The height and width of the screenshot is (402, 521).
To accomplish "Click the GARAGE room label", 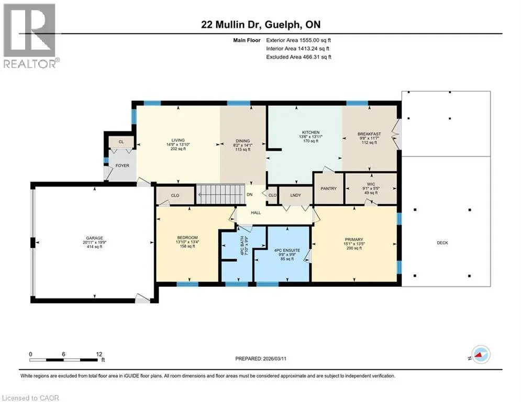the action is click(x=94, y=238).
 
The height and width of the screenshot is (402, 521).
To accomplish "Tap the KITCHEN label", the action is click(x=311, y=132).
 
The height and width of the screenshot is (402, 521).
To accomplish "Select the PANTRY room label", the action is click(x=329, y=188).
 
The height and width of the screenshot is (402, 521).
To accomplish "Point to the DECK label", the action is click(x=442, y=243).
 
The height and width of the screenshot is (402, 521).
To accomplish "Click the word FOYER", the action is click(x=123, y=165).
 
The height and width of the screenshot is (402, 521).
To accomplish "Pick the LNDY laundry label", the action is click(x=295, y=195).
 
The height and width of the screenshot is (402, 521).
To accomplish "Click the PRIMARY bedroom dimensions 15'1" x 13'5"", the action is click(x=354, y=243).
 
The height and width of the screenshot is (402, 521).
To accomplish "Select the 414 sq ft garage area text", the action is click(x=94, y=247).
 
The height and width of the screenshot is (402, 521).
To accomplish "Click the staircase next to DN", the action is click(x=220, y=195).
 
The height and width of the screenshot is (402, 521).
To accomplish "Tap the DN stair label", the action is click(x=250, y=195).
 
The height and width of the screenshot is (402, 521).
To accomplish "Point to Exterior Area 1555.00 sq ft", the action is click(x=298, y=40).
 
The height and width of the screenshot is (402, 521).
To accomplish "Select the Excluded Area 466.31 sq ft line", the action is click(x=298, y=57).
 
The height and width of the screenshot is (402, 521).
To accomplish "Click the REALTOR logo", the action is click(x=31, y=36).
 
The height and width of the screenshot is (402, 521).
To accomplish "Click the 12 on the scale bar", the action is click(x=99, y=354).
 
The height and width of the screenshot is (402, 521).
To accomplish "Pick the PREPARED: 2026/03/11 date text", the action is click(x=261, y=359).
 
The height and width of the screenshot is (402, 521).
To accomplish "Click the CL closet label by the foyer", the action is click(x=121, y=142).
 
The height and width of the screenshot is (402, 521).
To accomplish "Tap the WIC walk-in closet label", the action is click(x=371, y=184).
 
